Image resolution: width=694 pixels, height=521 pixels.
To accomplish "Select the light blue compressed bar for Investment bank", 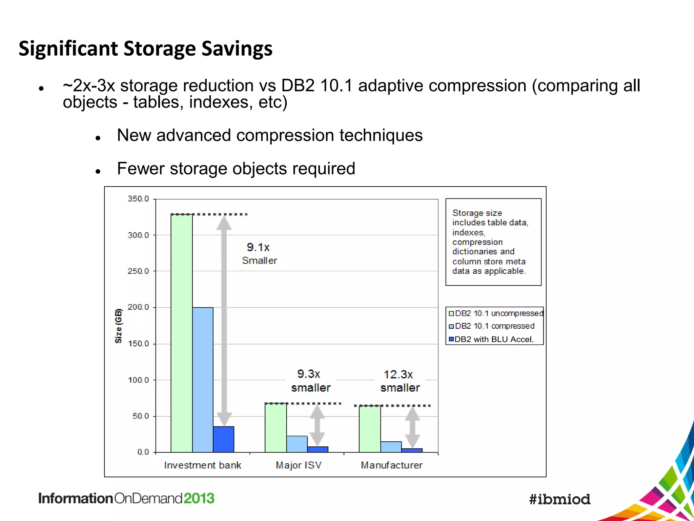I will pos(203,380).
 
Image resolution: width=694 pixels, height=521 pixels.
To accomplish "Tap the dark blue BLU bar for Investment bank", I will pos(223,439).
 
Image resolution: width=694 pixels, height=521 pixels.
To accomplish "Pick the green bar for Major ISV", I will pos(275,428).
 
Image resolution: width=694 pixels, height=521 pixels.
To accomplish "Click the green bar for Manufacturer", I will pos(370,429).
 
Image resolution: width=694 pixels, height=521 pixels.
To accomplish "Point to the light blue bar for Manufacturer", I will pos(391,447).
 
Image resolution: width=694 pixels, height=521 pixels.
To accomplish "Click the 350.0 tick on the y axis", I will pos(138,199).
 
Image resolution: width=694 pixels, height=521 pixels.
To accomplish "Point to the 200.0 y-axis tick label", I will pos(138,307).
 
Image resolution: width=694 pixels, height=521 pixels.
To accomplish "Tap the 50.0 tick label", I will pos(140,416).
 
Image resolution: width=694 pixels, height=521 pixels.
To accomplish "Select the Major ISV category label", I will pos(299,465).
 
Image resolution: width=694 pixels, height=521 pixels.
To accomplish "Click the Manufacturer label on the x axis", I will pos(392,465).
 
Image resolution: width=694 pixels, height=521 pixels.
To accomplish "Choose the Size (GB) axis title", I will pos(118,326).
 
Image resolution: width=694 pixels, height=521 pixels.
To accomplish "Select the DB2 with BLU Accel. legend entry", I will pos(494,339).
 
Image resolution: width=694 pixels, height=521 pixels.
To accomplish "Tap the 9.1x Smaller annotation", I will pos(259,253).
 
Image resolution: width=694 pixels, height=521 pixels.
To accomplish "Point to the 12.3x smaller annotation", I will pos(400,381).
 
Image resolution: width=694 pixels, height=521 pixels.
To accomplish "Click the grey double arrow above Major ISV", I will pos(317,425).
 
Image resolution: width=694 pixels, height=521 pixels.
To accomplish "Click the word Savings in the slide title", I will pos(237,49).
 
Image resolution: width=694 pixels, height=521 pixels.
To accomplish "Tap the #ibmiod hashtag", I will pos(559,499).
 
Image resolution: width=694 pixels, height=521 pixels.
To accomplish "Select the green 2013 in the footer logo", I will pos(199,498).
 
